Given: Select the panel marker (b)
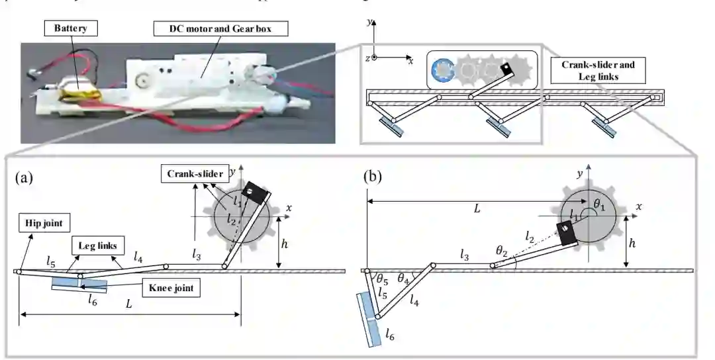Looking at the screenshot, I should coord(375,177).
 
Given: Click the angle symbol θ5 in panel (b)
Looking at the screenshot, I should coord(381,278).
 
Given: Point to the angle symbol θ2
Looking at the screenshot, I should coord(502,250).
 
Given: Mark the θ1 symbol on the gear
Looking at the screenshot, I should coord(600,206).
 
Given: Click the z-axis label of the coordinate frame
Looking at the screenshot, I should coord(366,58).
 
